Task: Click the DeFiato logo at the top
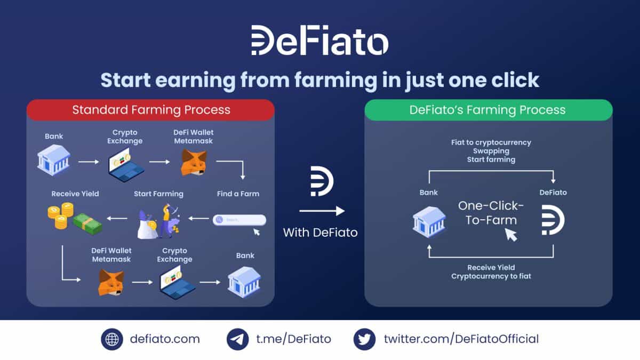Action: pos(319,41)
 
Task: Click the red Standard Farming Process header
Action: pos(151,110)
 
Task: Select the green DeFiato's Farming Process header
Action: pos(487,110)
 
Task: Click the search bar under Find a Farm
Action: pos(239,220)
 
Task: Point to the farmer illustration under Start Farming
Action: pos(159,220)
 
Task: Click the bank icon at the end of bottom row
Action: pos(244,282)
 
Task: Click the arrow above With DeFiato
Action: pos(321,212)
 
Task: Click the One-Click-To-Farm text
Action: pos(491,213)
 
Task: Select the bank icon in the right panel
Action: pos(428,221)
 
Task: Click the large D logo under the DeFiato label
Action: pos(553,221)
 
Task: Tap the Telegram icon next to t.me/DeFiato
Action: pos(237,339)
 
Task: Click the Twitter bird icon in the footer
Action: pos(364,339)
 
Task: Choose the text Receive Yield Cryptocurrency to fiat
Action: pos(491,271)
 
